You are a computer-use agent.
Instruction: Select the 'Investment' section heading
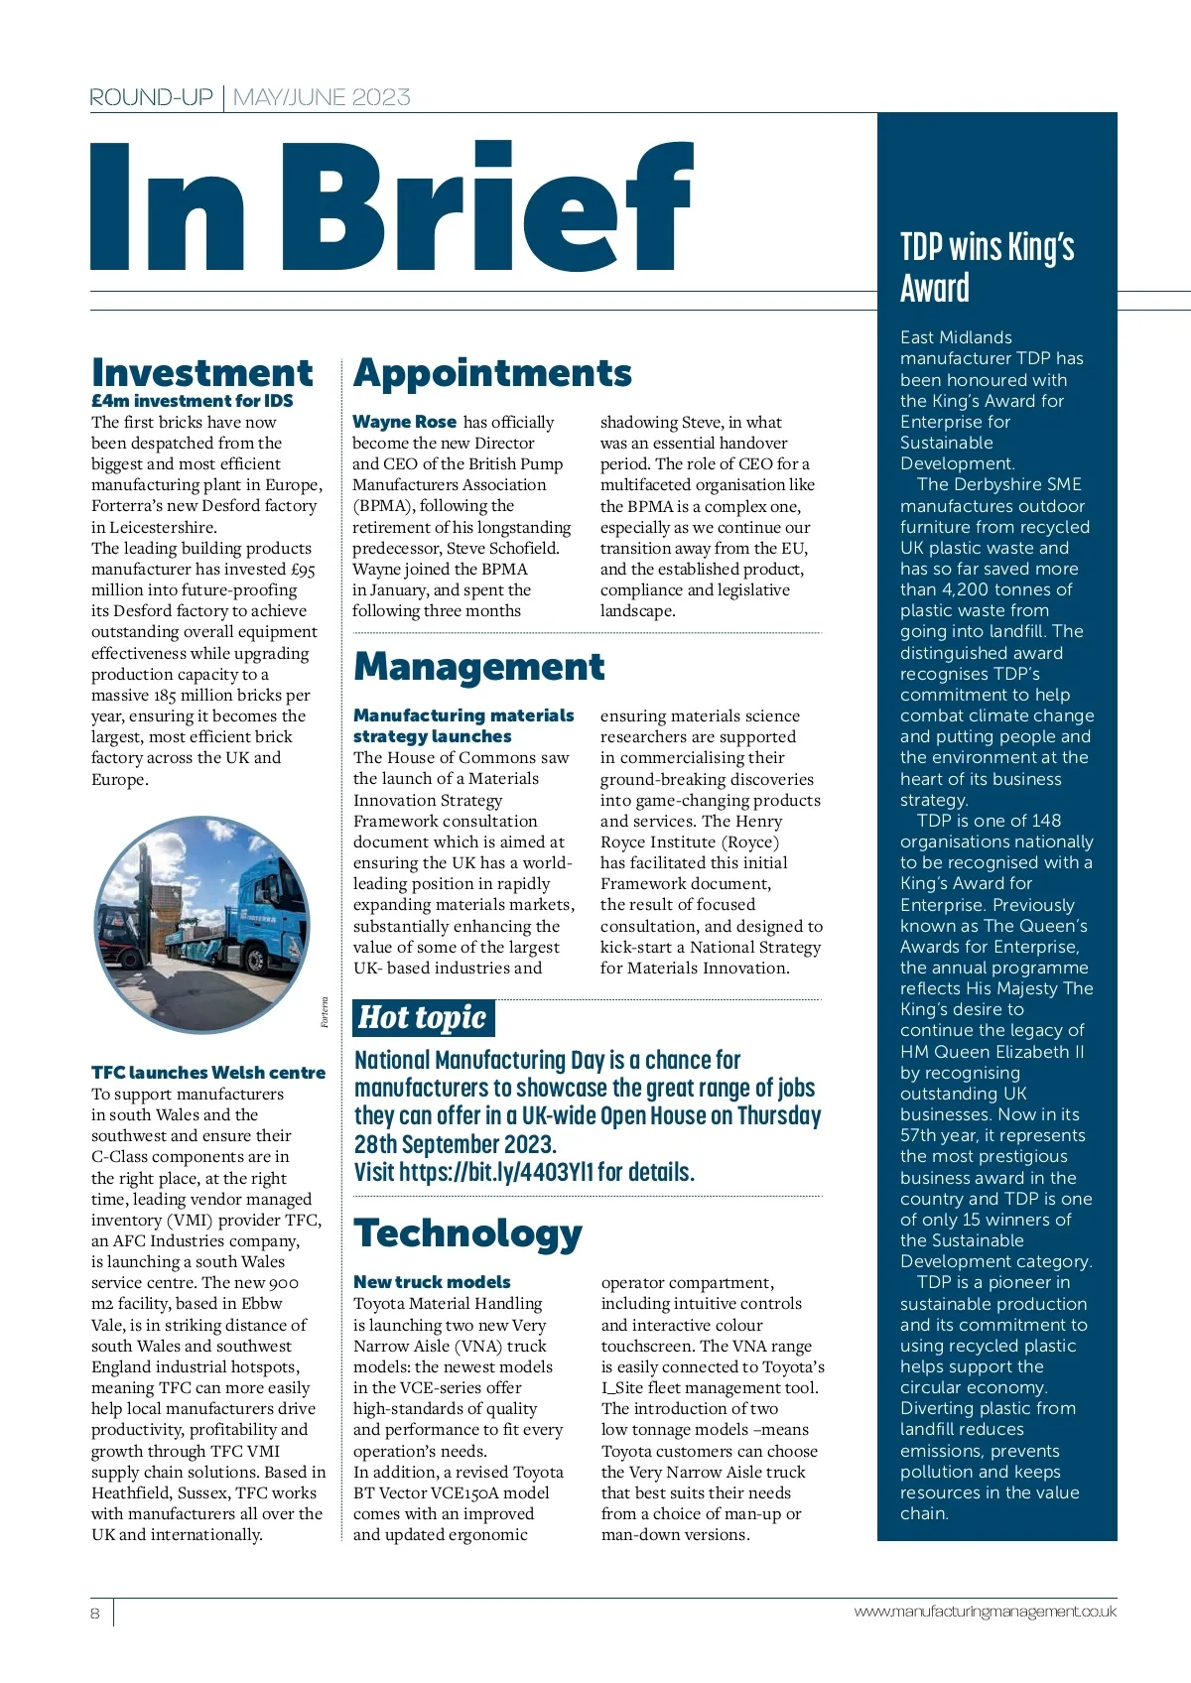tap(202, 372)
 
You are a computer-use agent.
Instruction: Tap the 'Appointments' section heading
tap(492, 372)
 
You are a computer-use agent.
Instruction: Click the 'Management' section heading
tap(478, 666)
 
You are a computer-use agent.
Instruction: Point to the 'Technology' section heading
tap(467, 1232)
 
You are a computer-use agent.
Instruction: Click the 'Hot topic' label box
tap(423, 1017)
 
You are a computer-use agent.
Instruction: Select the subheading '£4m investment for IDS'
tap(193, 401)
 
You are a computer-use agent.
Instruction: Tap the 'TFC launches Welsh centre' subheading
tap(208, 1073)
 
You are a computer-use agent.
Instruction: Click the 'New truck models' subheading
tap(432, 1282)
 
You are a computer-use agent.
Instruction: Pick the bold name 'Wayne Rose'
tap(405, 422)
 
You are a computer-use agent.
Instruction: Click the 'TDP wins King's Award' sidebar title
tap(987, 267)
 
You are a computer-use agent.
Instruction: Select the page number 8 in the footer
tap(95, 1614)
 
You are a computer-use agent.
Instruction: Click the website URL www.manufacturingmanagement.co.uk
tap(985, 1612)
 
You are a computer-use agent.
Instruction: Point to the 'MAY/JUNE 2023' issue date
tap(322, 97)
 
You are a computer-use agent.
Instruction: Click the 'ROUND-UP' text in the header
tap(151, 97)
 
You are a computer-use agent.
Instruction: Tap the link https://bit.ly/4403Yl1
tap(495, 1172)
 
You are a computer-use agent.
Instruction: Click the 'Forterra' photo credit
tap(325, 1012)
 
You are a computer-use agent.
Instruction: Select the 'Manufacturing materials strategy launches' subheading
tap(463, 725)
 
